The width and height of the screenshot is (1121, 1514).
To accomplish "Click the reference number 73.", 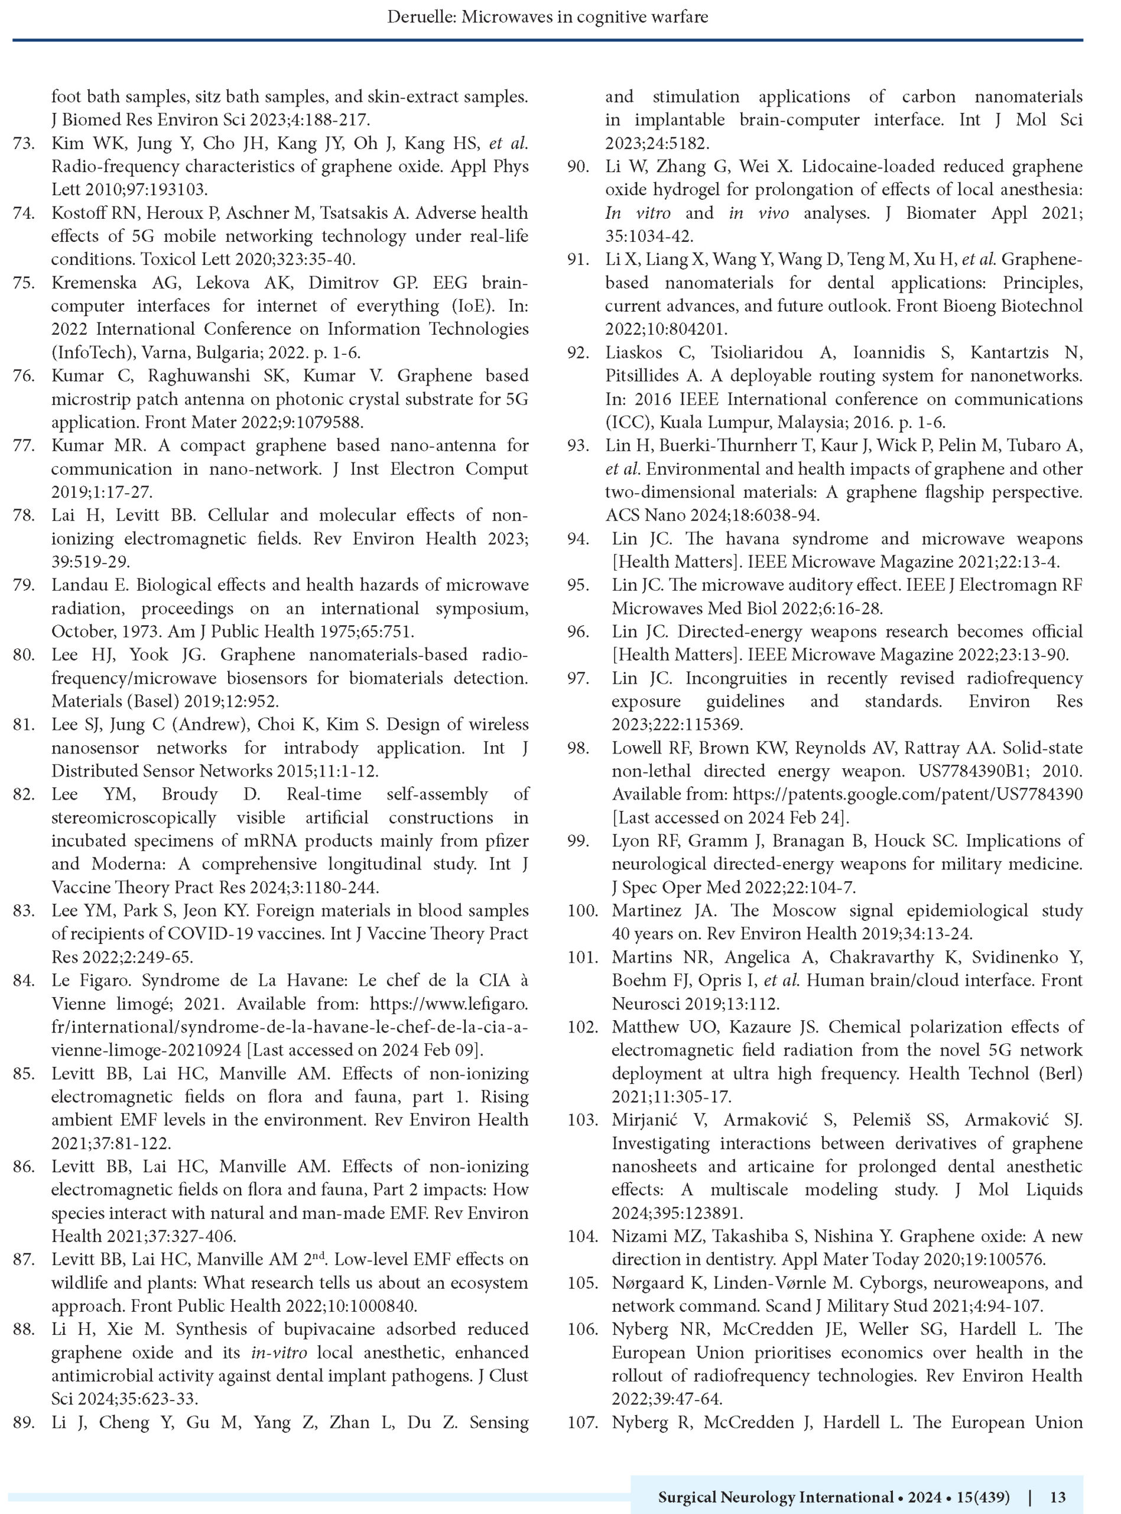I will click(24, 143).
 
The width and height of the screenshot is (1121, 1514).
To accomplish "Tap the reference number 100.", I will click(582, 910).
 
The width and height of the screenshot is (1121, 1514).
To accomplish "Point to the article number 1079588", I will click(319, 422).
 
